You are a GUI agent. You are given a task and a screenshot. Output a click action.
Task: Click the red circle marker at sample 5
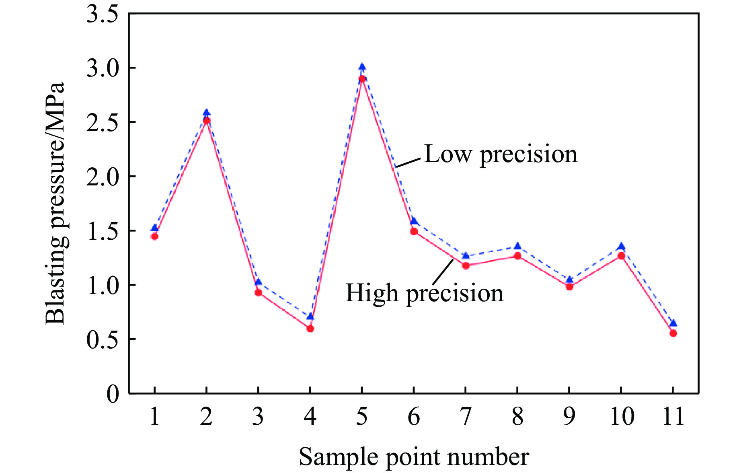(362, 78)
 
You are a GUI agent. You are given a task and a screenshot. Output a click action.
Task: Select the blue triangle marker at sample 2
(206, 112)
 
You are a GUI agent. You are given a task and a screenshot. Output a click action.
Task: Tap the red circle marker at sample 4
(310, 329)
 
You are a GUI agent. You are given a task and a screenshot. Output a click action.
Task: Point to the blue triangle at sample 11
(673, 323)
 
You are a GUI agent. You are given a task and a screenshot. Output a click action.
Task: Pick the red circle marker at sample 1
(154, 236)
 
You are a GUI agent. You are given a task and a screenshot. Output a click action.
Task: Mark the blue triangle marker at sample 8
(517, 246)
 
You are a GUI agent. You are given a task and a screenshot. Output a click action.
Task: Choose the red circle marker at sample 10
(621, 256)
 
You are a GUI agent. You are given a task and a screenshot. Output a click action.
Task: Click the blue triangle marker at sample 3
(258, 282)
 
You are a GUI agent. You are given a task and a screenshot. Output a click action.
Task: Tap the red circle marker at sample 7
(466, 265)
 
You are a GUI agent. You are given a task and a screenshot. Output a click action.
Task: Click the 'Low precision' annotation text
(501, 154)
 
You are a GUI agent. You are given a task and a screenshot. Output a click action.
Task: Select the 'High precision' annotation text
(424, 293)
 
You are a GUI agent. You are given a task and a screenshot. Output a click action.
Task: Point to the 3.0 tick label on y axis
(103, 68)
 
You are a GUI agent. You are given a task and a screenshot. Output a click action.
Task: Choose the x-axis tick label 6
(414, 416)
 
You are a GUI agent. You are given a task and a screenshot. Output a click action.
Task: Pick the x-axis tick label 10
(622, 416)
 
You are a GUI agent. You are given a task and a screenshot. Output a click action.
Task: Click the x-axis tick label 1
(154, 416)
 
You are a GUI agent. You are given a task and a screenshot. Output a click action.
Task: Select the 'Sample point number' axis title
(414, 457)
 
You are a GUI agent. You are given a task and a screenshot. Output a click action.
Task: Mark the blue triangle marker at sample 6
(414, 220)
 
